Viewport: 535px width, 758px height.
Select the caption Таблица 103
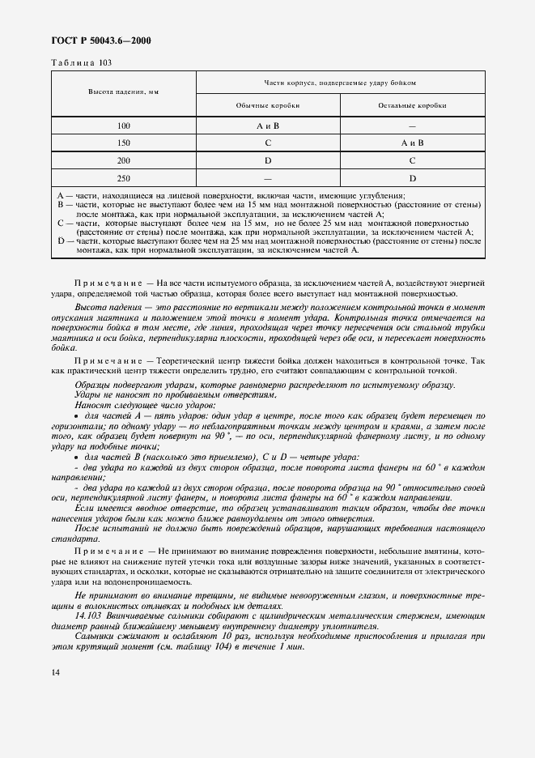83,62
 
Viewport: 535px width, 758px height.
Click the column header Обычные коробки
267,105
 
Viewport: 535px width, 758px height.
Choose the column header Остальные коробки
412,105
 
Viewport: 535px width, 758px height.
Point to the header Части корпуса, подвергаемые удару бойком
340,82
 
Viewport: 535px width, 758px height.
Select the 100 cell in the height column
124,126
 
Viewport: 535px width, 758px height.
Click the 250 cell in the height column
124,177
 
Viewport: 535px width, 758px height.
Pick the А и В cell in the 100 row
267,126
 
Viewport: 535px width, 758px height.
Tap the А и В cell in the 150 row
412,143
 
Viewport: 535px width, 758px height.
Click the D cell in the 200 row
267,160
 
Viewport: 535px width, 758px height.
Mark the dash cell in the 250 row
267,177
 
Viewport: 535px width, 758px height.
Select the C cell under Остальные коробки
412,160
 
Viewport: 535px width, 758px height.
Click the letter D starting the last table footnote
61,241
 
